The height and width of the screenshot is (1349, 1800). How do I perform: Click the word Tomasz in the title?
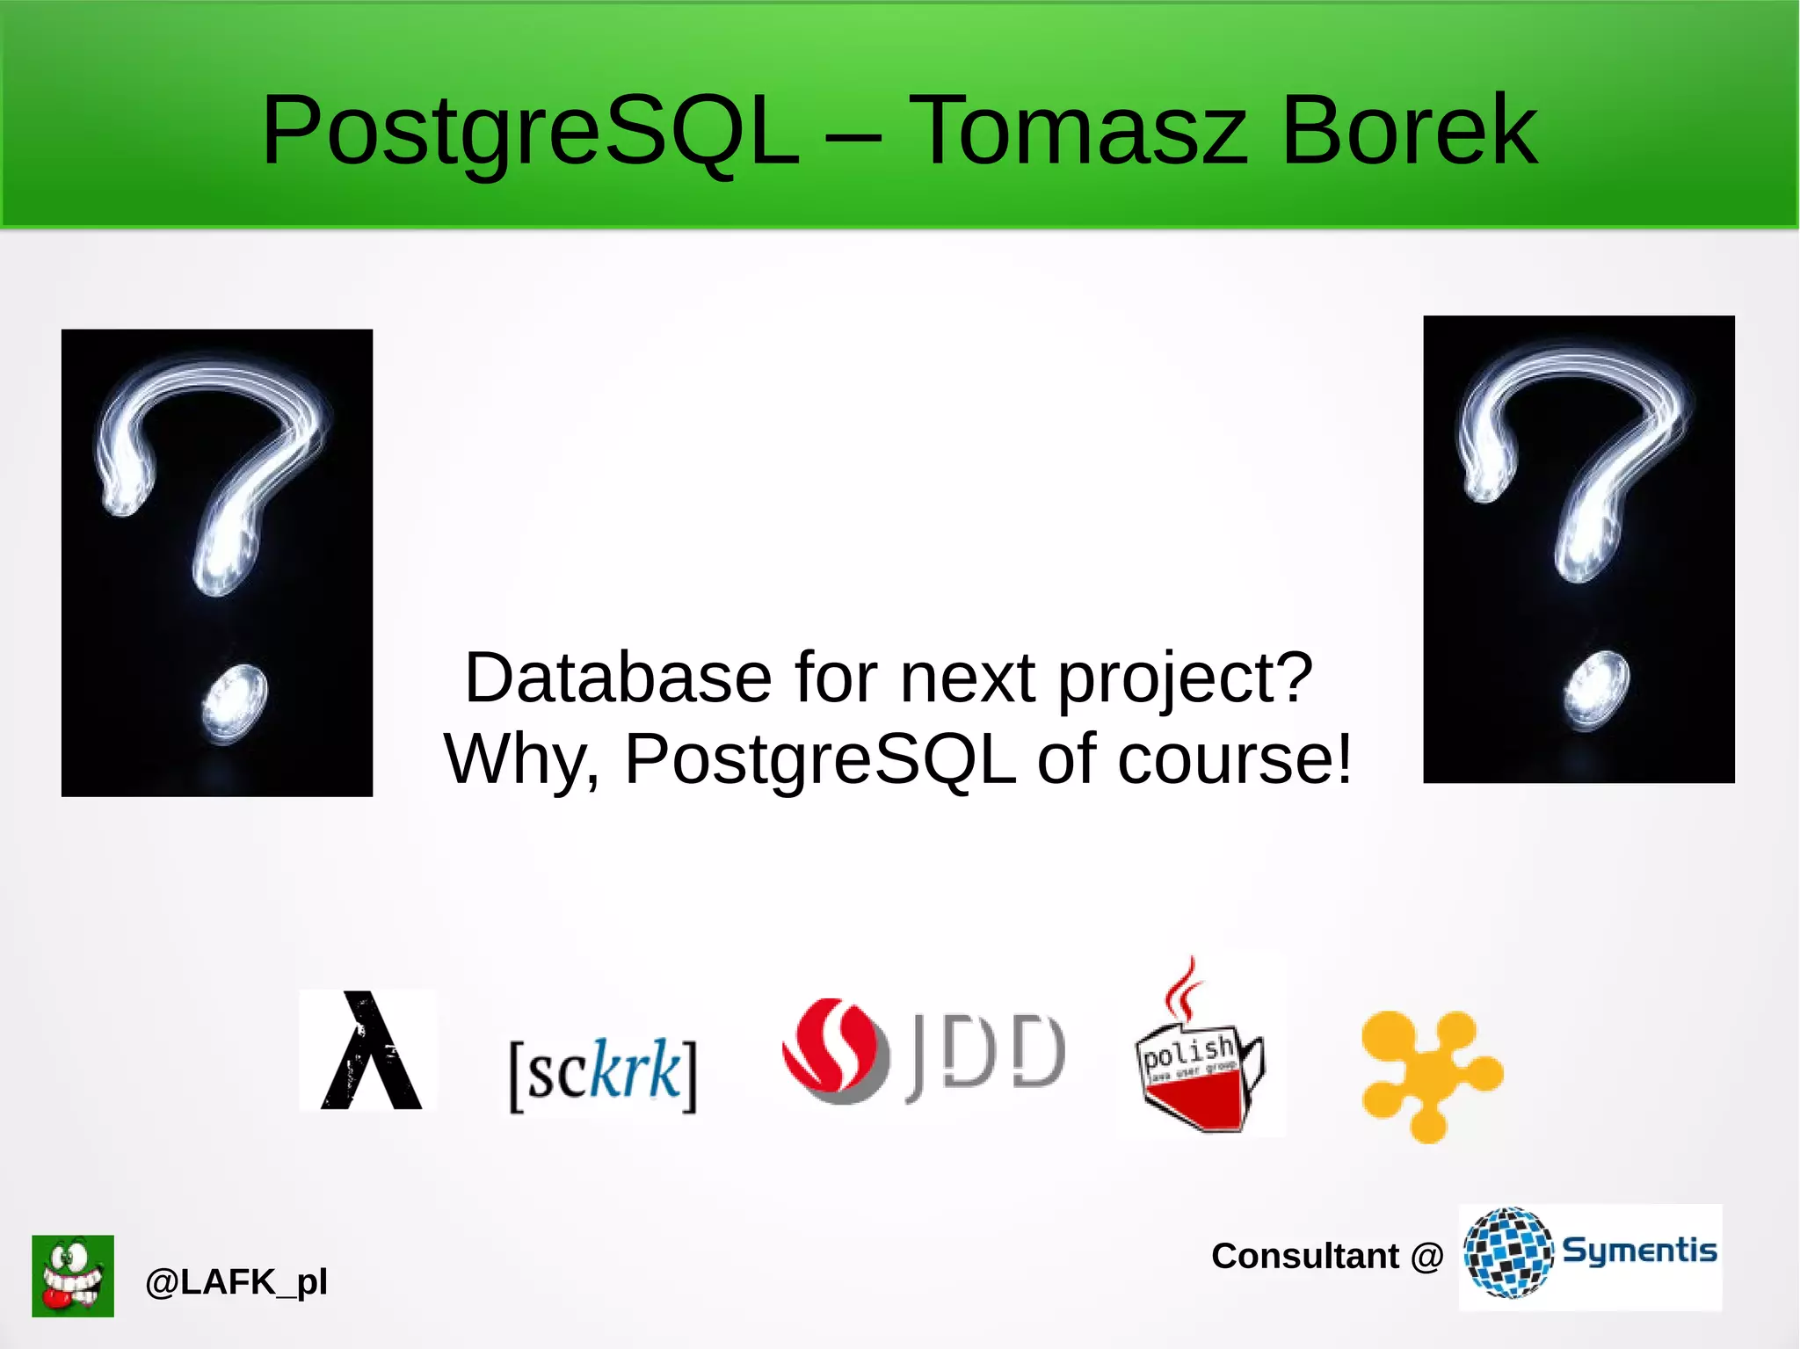click(1077, 132)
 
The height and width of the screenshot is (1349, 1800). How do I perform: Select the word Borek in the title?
click(1409, 132)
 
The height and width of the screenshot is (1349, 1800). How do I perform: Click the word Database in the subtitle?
click(618, 678)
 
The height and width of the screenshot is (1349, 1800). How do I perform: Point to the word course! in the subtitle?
click(1235, 759)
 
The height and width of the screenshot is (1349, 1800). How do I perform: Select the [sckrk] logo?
click(603, 1073)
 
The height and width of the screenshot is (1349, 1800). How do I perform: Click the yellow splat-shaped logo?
click(1430, 1075)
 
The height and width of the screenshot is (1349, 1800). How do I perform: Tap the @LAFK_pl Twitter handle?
click(236, 1282)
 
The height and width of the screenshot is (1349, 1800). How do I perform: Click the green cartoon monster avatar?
click(73, 1275)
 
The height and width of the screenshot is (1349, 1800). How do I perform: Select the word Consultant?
click(1304, 1256)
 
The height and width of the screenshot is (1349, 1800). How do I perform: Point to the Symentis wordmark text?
click(1639, 1251)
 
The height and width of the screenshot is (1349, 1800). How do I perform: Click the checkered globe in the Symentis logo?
click(1509, 1252)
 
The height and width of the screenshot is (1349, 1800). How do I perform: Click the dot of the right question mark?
click(1596, 690)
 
